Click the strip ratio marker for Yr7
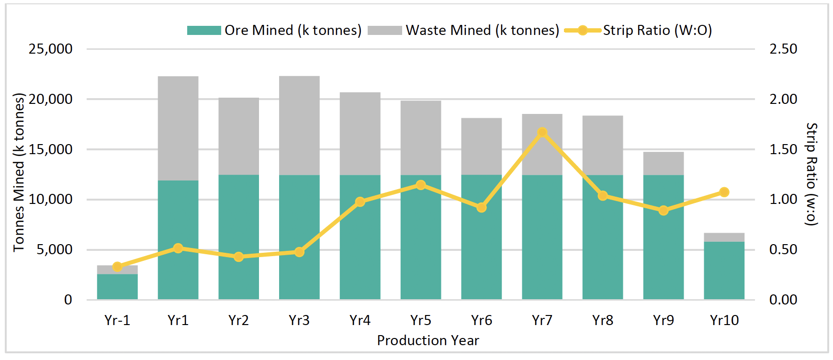(x=542, y=132)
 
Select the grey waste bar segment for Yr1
(x=178, y=128)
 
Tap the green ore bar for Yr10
(x=724, y=270)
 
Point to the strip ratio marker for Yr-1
(x=117, y=267)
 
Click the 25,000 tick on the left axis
(x=51, y=49)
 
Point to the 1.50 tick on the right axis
(x=783, y=149)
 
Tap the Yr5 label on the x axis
(x=421, y=320)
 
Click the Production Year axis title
(x=428, y=340)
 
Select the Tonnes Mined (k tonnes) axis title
(x=19, y=172)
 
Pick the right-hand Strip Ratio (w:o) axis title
(x=812, y=174)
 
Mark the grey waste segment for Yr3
(x=299, y=125)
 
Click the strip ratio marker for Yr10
(x=724, y=192)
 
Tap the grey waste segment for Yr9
(x=664, y=163)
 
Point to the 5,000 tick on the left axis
(x=55, y=249)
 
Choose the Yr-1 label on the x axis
(x=117, y=320)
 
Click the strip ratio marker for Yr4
(x=360, y=202)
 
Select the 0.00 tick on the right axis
(x=783, y=300)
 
